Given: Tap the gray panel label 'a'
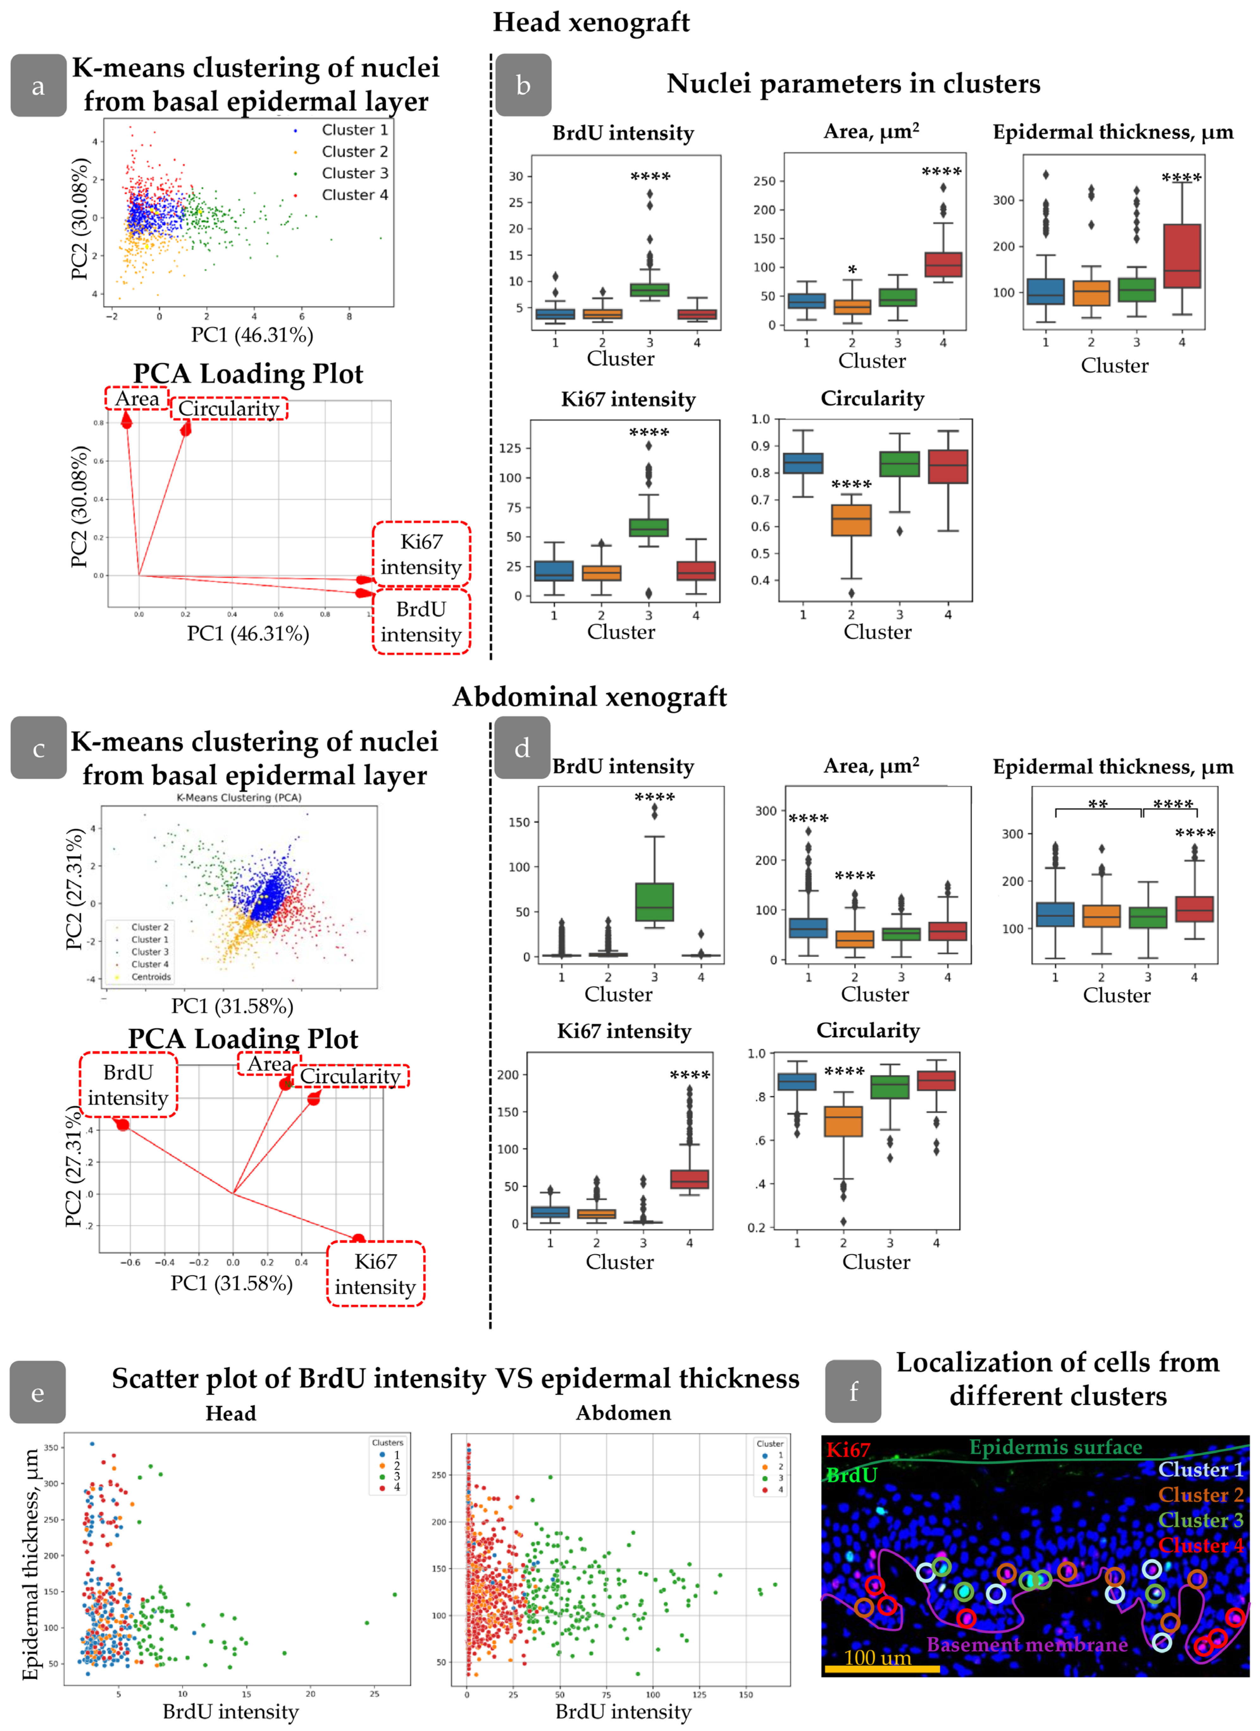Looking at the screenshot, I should (x=38, y=85).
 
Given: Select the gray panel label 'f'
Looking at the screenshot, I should (x=853, y=1392).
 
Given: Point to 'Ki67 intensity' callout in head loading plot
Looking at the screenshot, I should (x=421, y=554).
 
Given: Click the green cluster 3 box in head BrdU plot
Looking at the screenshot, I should (x=650, y=290).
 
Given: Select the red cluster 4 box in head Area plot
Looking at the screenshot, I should (x=943, y=264).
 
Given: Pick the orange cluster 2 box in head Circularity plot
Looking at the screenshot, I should (x=851, y=520).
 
